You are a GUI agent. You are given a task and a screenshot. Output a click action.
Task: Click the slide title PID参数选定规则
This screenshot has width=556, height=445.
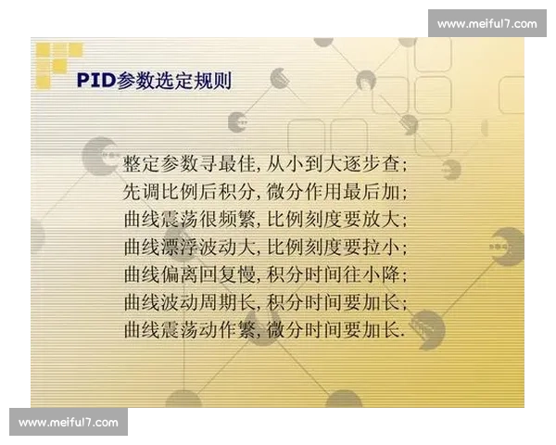[x=154, y=81]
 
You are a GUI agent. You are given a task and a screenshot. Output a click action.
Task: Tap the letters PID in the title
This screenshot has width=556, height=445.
[x=96, y=81]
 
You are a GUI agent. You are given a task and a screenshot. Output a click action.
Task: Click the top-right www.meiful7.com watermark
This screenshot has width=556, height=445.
[x=486, y=23]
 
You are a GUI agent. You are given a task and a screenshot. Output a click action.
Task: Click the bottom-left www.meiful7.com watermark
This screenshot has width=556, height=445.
[x=69, y=423]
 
